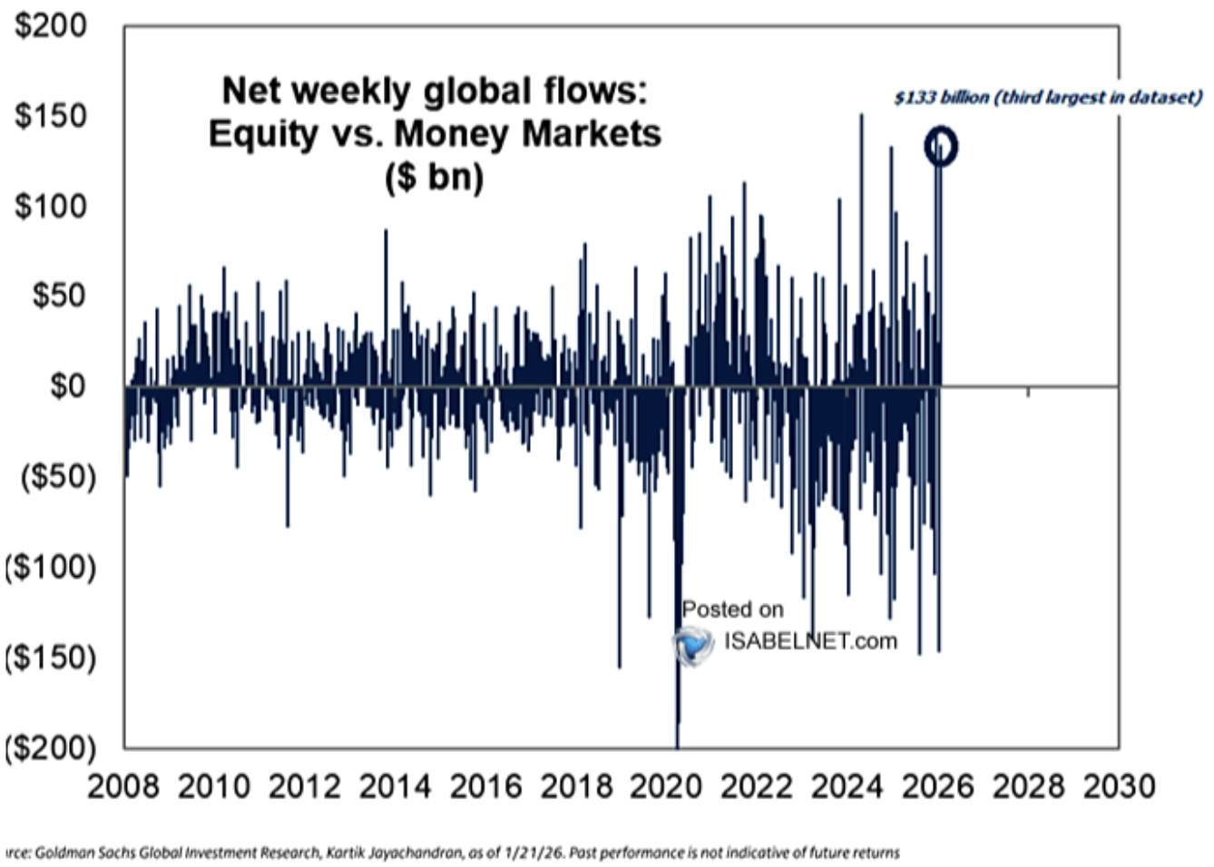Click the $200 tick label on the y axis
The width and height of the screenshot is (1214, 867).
click(51, 25)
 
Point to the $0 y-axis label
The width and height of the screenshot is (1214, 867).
click(67, 386)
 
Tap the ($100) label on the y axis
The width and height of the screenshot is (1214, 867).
click(51, 567)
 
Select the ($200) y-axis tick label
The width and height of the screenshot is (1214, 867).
click(51, 747)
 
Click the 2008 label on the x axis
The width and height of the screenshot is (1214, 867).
click(123, 786)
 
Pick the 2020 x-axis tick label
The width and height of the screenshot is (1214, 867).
click(666, 786)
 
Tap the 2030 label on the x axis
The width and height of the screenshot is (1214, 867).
click(1119, 786)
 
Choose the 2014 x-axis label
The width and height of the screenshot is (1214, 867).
click(395, 786)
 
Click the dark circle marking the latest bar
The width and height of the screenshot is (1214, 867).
click(941, 146)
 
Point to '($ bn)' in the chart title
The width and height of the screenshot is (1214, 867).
click(434, 176)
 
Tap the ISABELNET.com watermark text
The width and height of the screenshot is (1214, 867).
click(810, 641)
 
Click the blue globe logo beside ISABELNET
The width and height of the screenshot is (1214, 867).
click(694, 645)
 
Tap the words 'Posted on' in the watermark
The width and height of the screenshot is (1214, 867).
click(732, 609)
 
